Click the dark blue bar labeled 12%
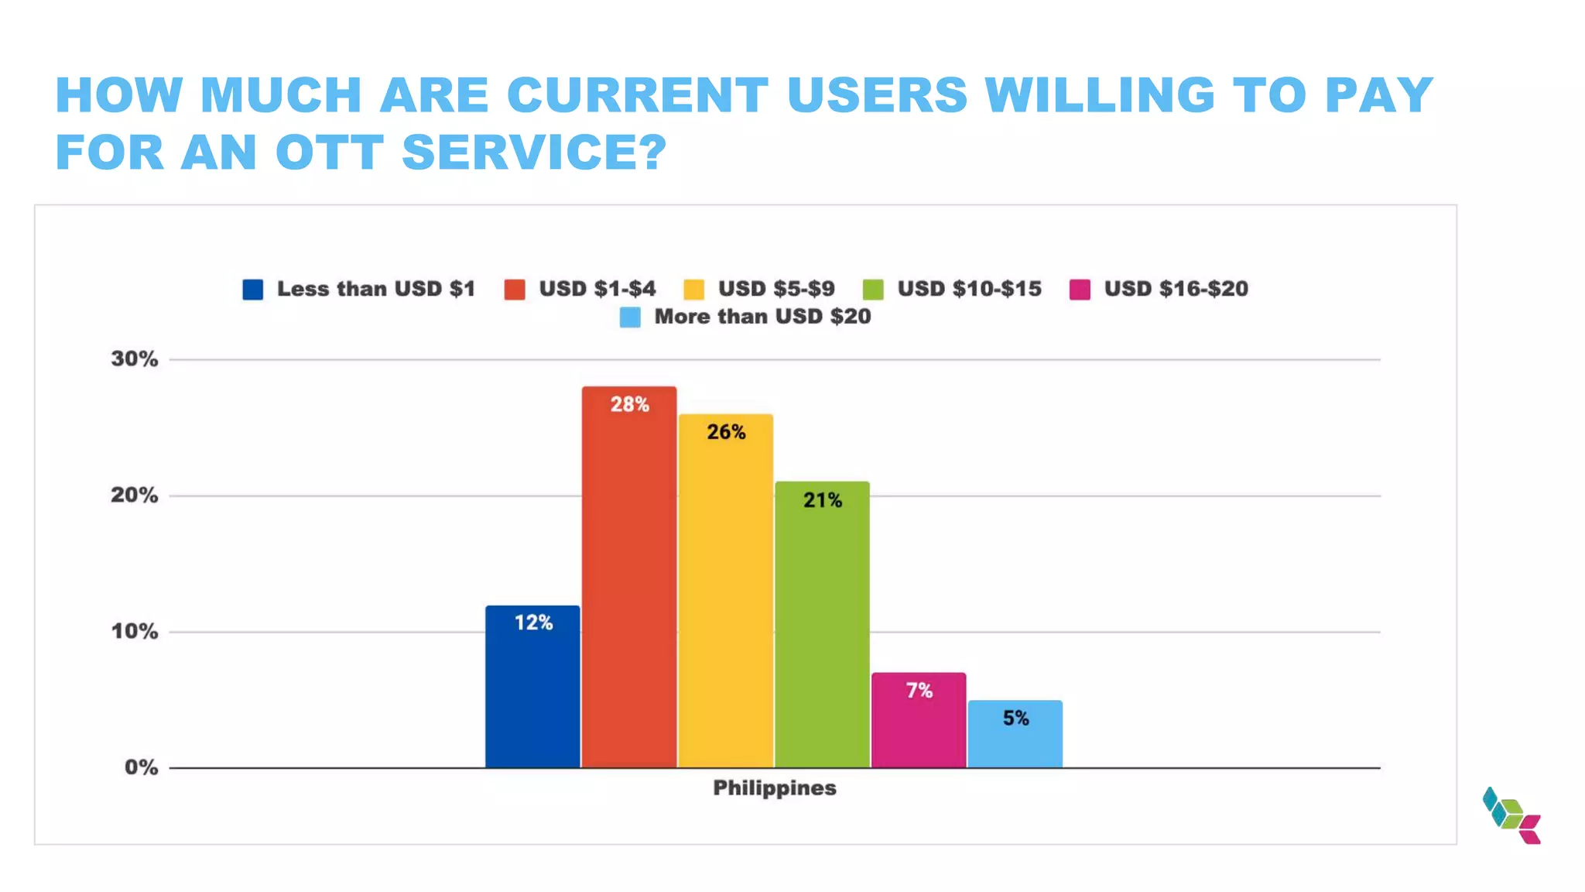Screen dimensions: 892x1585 tap(532, 687)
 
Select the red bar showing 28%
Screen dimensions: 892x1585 tap(629, 577)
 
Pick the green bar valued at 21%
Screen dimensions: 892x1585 tap(822, 625)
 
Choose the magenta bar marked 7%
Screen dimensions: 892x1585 tap(919, 720)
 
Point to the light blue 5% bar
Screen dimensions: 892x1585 tap(1015, 734)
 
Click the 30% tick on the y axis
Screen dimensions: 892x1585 tap(134, 359)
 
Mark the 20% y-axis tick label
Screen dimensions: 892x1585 tap(134, 496)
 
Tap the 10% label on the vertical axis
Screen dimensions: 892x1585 tap(134, 632)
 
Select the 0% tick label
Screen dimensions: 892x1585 tap(141, 768)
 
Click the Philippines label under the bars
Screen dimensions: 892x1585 tap(774, 788)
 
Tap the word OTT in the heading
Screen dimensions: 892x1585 tap(330, 152)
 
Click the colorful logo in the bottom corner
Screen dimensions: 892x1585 tap(1511, 815)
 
